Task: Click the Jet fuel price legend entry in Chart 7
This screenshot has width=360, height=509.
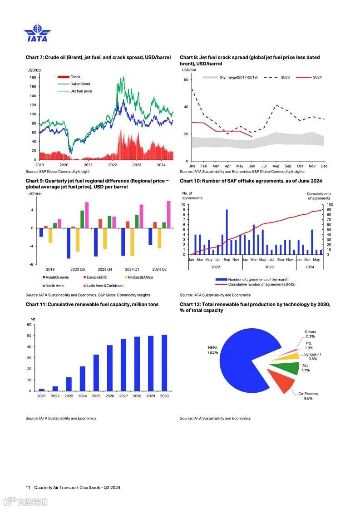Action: click(x=81, y=91)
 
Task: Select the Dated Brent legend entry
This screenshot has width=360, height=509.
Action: click(x=80, y=84)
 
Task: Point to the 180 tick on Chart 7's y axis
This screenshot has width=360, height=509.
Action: click(x=33, y=78)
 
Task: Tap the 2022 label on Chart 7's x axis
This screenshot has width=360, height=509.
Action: click(x=113, y=165)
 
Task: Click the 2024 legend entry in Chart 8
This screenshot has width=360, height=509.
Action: click(x=317, y=77)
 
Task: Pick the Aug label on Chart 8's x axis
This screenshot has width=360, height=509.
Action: click(x=276, y=166)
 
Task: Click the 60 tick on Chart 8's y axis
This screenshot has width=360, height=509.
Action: click(x=186, y=80)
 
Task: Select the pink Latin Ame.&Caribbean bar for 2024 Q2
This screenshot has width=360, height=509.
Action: click(x=168, y=214)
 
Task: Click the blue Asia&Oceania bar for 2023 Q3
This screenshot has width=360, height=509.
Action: click(x=69, y=243)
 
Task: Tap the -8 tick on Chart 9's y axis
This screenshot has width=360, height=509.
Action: click(x=32, y=264)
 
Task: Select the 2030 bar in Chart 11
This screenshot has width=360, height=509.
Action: click(x=164, y=363)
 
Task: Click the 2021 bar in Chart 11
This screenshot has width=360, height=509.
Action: click(x=42, y=390)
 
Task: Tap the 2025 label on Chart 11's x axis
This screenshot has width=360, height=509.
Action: click(x=96, y=396)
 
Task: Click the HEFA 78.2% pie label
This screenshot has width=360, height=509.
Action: click(x=212, y=350)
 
